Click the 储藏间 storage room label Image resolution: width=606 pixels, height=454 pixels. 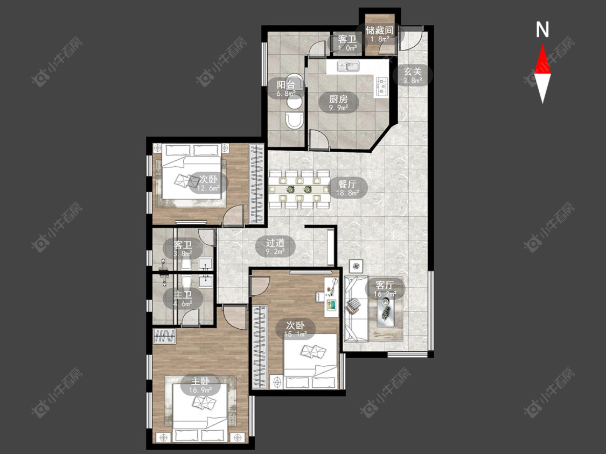(x=380, y=30)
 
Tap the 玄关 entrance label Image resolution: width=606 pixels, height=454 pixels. (x=413, y=72)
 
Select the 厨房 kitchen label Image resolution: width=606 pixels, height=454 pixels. (x=339, y=99)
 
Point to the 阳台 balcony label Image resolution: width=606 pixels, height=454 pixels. (x=286, y=84)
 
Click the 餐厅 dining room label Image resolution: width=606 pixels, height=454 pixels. (x=347, y=184)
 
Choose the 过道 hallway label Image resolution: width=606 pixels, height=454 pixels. (x=275, y=243)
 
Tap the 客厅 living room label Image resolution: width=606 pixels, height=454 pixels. (x=385, y=285)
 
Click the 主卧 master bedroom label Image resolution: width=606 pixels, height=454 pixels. (x=201, y=381)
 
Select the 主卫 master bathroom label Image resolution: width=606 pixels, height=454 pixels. (x=183, y=295)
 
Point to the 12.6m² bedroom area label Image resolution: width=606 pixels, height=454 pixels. (x=208, y=188)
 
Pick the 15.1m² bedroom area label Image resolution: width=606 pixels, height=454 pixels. (x=296, y=335)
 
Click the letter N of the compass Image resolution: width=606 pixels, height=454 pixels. (x=542, y=30)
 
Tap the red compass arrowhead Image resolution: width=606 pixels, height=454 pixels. (x=542, y=59)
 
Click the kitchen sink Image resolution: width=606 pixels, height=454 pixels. (x=348, y=66)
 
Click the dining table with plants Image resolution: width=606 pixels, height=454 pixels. (x=300, y=189)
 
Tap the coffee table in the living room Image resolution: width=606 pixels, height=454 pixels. (x=385, y=313)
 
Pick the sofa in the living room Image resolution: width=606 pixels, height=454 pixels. (x=356, y=309)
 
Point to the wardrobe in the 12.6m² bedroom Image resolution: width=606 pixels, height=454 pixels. (x=255, y=184)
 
